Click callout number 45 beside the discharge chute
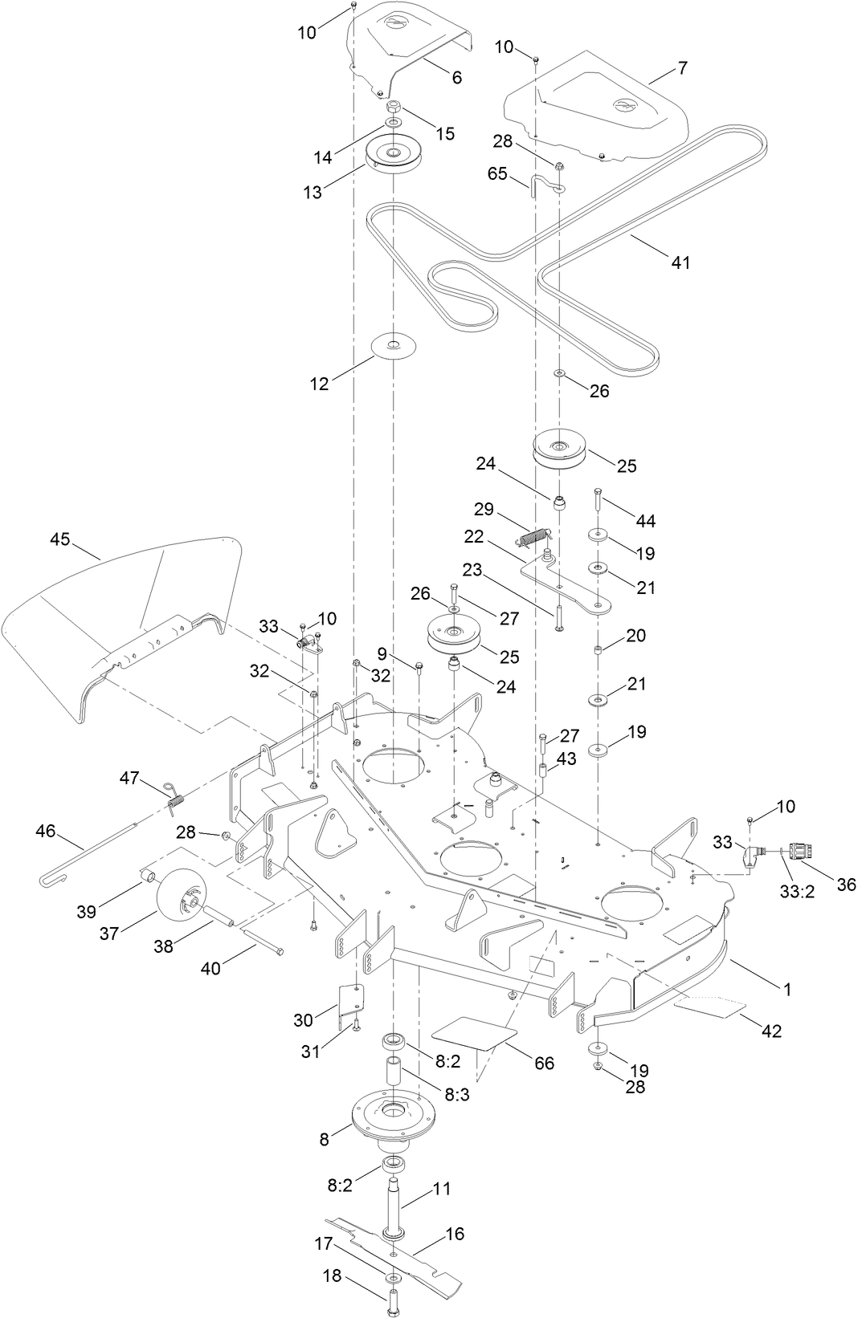pos(60,540)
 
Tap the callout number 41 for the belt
pos(680,262)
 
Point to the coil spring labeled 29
pos(534,535)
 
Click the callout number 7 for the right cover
pos(682,69)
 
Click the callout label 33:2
pos(797,891)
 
